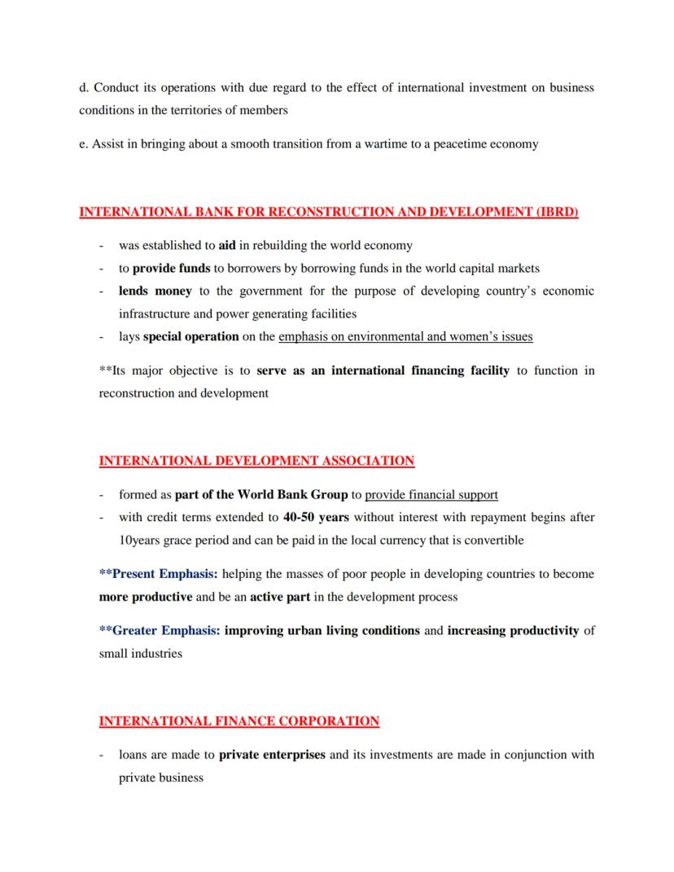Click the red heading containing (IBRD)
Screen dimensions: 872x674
tap(328, 213)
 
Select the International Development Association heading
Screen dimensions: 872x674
tap(256, 461)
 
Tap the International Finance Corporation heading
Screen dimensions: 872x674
tap(239, 721)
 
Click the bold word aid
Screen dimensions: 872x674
tap(227, 245)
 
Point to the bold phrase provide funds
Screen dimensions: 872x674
tap(171, 268)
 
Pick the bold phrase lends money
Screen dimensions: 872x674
tap(155, 291)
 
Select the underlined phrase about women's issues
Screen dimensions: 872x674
tap(405, 336)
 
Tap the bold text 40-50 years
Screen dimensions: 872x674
tap(310, 517)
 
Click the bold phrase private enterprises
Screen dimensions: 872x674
tap(272, 755)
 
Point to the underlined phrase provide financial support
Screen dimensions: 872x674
tap(431, 494)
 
